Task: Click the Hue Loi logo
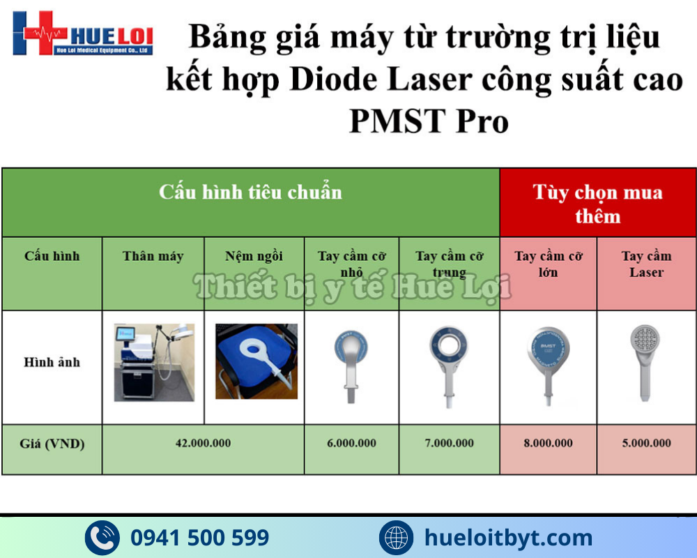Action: point(82,33)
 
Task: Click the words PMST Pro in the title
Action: point(428,121)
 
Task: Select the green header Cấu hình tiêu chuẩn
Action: point(250,192)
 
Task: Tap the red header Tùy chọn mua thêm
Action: point(597,203)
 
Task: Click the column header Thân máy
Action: point(153,256)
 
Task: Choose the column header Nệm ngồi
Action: point(254,256)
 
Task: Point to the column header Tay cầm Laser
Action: point(646,264)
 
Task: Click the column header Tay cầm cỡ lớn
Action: point(548,264)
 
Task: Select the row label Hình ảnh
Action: point(52,362)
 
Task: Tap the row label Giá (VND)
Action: point(52,444)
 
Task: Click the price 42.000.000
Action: point(203,444)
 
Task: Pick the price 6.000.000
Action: point(351,444)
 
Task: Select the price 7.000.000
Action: point(449,444)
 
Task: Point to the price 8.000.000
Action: point(548,444)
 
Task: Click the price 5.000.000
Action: point(646,444)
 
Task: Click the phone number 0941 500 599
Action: point(199,538)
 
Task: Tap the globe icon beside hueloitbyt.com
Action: point(397,538)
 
